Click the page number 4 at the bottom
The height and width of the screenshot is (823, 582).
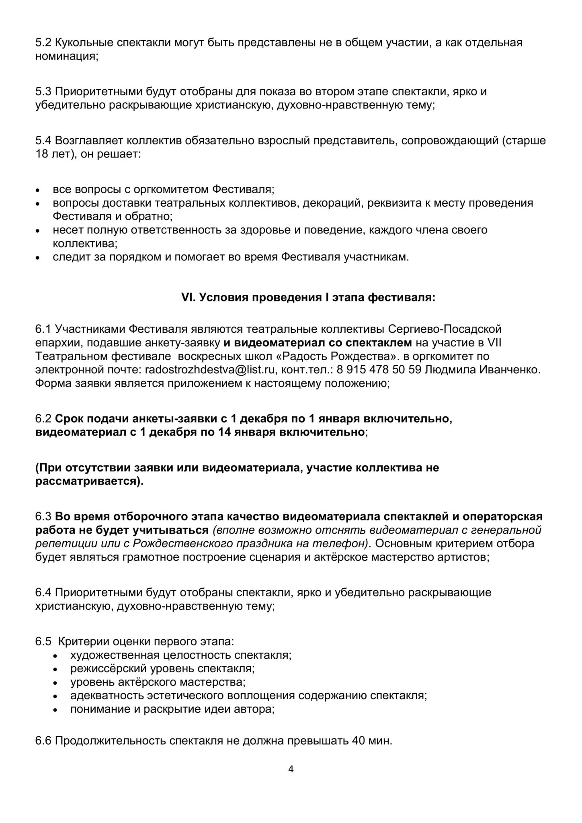click(x=291, y=769)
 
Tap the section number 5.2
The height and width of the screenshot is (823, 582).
click(x=43, y=43)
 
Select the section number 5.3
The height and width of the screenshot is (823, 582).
click(x=43, y=92)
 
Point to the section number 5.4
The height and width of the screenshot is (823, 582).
click(x=43, y=141)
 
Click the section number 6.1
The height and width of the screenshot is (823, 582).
click(x=43, y=329)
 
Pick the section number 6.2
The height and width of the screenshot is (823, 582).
click(x=43, y=419)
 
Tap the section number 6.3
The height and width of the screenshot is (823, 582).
click(x=43, y=516)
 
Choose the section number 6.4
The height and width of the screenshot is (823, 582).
click(x=43, y=592)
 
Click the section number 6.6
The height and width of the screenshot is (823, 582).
click(x=43, y=741)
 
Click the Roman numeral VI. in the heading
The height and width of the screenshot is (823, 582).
click(x=188, y=298)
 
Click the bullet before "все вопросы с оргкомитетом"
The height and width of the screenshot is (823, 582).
click(x=38, y=190)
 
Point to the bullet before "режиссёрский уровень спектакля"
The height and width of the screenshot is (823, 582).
click(x=56, y=669)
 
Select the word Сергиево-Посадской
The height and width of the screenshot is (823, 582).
click(x=445, y=329)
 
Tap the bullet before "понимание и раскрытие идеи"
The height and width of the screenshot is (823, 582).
click(x=56, y=710)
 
